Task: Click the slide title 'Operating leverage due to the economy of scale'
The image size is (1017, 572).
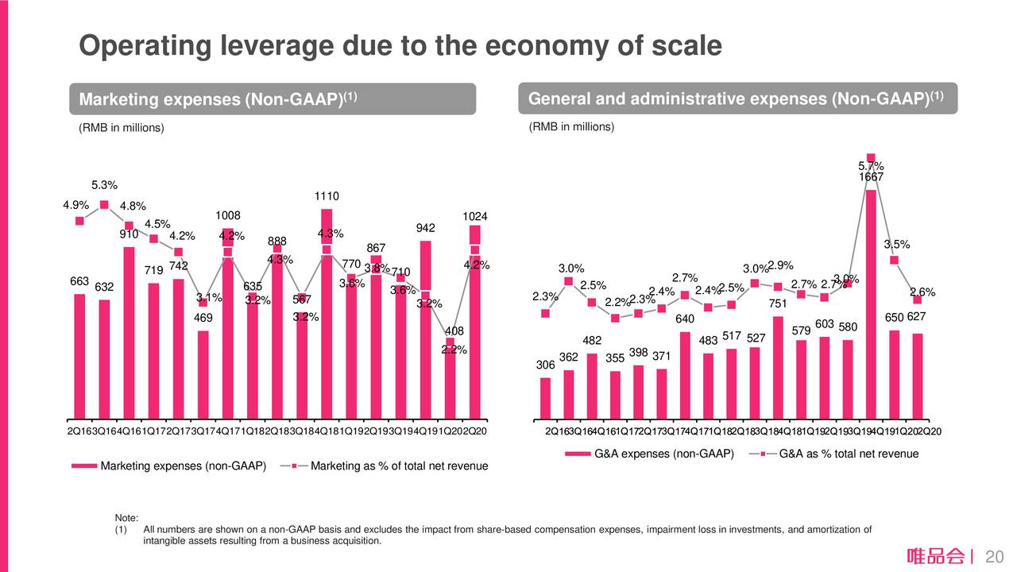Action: coord(400,46)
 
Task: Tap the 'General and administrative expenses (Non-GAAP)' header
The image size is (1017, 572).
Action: coord(737,99)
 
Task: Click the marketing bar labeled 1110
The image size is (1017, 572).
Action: coord(326,318)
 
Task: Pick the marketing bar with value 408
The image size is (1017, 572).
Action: coord(450,389)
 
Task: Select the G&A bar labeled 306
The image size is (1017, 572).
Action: coord(545,397)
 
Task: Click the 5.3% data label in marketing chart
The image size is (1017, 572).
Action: coord(104,185)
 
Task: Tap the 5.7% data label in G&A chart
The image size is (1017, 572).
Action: coord(871,166)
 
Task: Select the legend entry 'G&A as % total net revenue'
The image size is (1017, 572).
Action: coord(849,454)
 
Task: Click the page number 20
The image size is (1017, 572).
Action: coord(993,556)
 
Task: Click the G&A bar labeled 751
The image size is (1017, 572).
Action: coord(778,367)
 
